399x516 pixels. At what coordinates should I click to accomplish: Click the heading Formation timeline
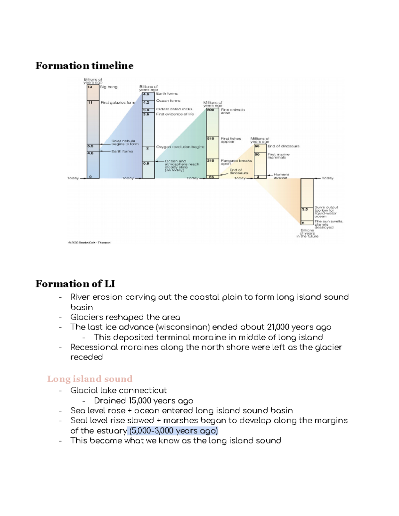click(84, 66)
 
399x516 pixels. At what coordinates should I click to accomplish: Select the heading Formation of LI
click(75, 284)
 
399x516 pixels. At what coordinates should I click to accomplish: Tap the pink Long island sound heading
click(90, 379)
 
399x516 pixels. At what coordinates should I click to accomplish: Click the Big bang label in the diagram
click(109, 87)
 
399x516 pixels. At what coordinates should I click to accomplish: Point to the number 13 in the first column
click(90, 87)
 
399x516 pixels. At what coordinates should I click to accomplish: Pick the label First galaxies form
click(118, 103)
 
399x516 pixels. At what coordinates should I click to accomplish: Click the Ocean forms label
click(168, 101)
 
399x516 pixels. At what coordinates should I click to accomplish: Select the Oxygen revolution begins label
click(180, 147)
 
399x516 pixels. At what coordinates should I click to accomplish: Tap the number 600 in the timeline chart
click(211, 110)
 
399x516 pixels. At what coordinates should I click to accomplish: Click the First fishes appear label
click(231, 140)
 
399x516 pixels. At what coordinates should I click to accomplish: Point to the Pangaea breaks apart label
click(236, 162)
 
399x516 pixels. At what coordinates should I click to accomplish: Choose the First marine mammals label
click(278, 156)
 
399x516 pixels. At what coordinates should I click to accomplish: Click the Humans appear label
click(281, 176)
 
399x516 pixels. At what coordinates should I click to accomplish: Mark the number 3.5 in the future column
click(305, 210)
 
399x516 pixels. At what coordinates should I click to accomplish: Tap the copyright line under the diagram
click(89, 243)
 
